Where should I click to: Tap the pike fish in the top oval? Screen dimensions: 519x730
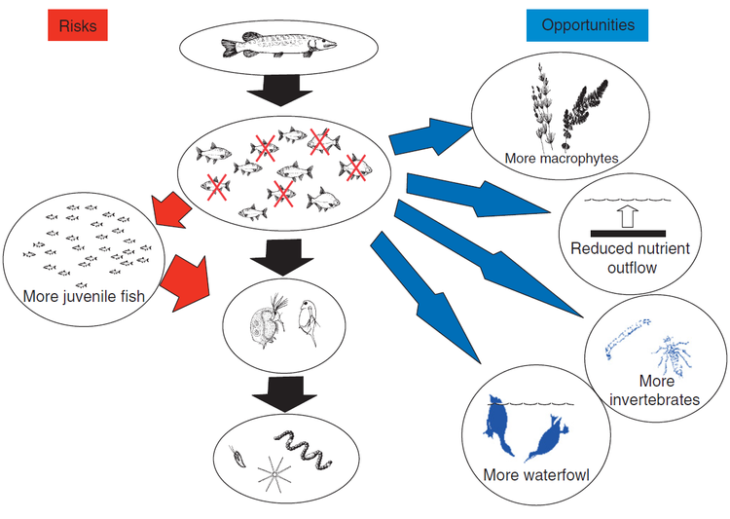(278, 46)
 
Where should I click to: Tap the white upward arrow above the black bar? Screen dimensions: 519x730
(627, 214)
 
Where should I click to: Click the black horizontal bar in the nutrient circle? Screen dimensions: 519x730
(627, 233)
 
